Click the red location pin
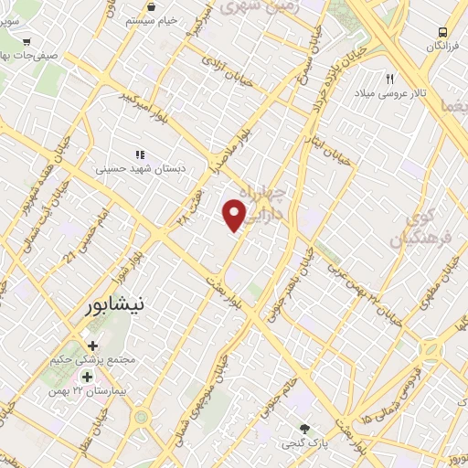(x=235, y=215)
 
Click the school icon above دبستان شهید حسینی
(x=140, y=155)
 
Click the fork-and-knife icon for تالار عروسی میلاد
(x=390, y=80)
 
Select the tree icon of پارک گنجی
(x=305, y=429)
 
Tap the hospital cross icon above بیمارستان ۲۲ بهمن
(x=87, y=377)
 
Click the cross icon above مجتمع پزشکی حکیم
(x=92, y=346)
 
